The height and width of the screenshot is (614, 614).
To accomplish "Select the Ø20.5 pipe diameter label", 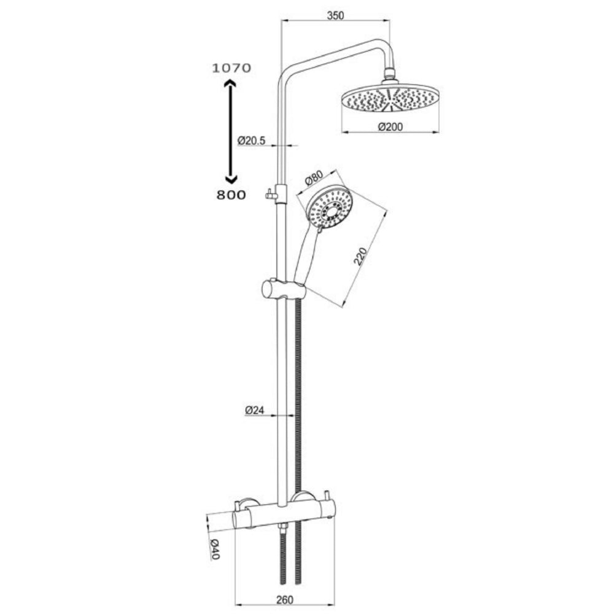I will pyautogui.click(x=251, y=141).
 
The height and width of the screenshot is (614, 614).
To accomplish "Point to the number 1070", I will pyautogui.click(x=231, y=69).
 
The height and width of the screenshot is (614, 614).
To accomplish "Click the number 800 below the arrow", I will pyautogui.click(x=231, y=195).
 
